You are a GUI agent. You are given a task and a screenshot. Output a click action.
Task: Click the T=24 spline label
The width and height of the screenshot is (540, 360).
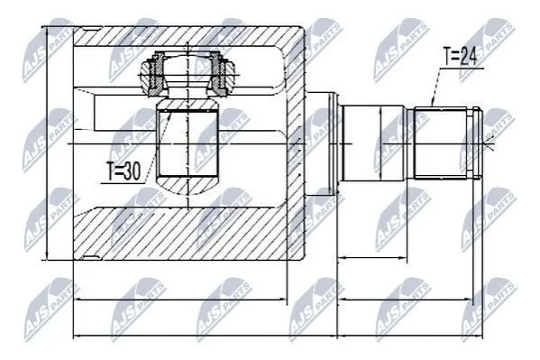tap(460, 56)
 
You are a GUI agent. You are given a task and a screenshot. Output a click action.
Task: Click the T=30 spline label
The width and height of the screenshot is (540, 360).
tap(124, 171)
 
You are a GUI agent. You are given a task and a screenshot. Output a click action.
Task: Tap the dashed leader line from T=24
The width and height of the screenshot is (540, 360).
tap(436, 87)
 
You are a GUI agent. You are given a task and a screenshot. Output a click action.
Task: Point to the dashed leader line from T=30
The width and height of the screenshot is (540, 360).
tap(158, 146)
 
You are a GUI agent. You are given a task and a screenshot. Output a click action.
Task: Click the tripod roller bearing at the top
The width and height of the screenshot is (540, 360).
tap(188, 73)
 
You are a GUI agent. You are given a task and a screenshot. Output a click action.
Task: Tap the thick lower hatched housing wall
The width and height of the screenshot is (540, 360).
tap(179, 234)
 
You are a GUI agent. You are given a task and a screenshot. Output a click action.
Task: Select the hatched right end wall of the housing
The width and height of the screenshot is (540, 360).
tap(296, 145)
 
